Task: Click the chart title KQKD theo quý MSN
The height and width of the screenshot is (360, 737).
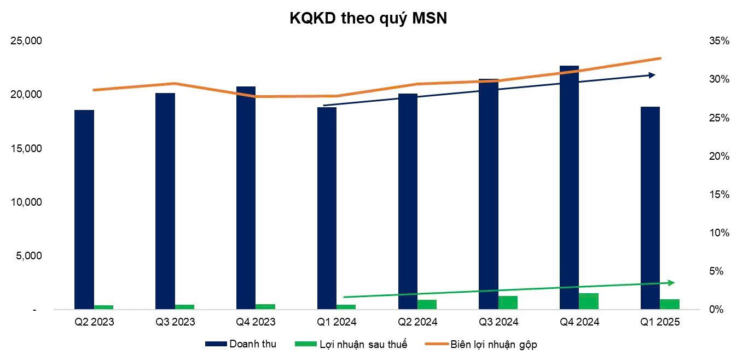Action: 368,19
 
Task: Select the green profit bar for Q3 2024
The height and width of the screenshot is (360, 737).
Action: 508,303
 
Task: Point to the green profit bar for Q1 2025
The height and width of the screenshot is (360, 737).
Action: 670,304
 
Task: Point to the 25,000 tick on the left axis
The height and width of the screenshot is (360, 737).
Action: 27,41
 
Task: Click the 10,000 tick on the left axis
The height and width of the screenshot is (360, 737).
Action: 27,202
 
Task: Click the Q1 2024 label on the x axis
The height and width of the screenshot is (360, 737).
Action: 336,322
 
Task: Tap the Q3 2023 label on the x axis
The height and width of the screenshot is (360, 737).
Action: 175,322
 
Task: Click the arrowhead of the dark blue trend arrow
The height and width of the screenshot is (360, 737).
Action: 652,75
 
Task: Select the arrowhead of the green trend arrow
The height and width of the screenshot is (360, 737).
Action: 671,282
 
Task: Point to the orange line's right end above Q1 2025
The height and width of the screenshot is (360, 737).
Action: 660,58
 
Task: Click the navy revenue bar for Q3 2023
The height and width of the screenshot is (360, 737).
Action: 165,201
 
